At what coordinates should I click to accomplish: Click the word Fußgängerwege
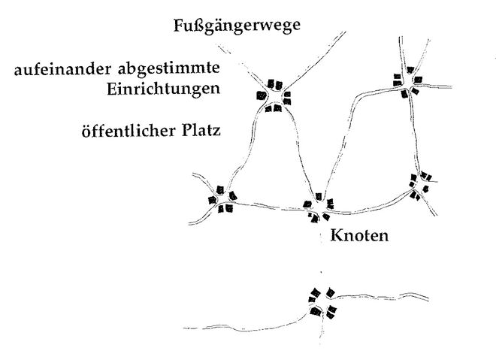pos(237,26)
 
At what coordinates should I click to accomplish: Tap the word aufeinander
pos(63,69)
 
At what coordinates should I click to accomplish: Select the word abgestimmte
pos(169,69)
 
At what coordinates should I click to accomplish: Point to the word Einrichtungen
pos(163,89)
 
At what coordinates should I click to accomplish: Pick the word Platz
pos(201,131)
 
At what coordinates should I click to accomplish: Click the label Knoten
pos(359,236)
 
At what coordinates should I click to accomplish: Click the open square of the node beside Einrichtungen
pos(274,97)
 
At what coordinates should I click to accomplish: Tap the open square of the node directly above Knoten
pos(318,207)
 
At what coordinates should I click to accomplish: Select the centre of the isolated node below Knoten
pos(322,302)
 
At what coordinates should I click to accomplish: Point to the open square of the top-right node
pos(408,83)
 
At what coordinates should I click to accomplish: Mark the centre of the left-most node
pos(222,200)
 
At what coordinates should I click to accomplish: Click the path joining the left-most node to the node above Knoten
pos(269,207)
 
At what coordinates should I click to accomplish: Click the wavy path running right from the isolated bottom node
pos(380,296)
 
